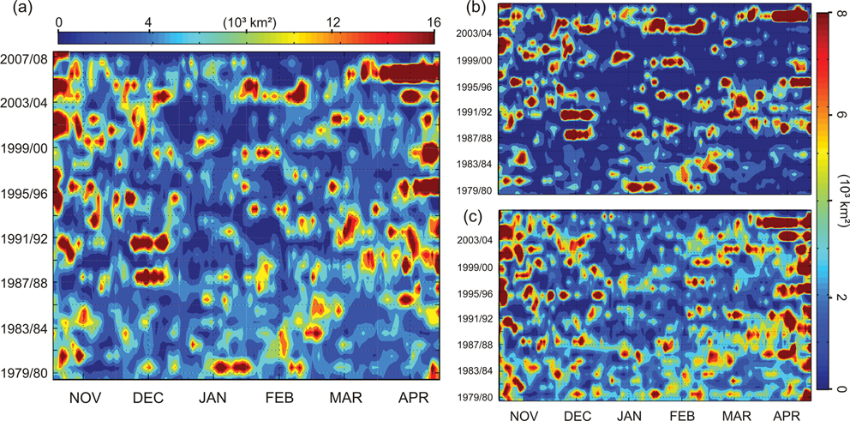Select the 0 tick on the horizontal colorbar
click(x=58, y=21)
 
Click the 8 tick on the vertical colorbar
click(x=840, y=16)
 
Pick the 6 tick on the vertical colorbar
click(x=840, y=114)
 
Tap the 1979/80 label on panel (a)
click(x=25, y=375)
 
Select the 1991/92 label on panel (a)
click(x=25, y=239)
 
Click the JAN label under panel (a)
click(x=214, y=400)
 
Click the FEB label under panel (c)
click(x=682, y=415)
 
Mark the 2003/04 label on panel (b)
click(x=474, y=35)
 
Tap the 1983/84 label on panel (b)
click(x=474, y=163)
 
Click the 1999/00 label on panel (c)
click(x=474, y=267)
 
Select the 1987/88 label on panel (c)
click(x=474, y=345)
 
